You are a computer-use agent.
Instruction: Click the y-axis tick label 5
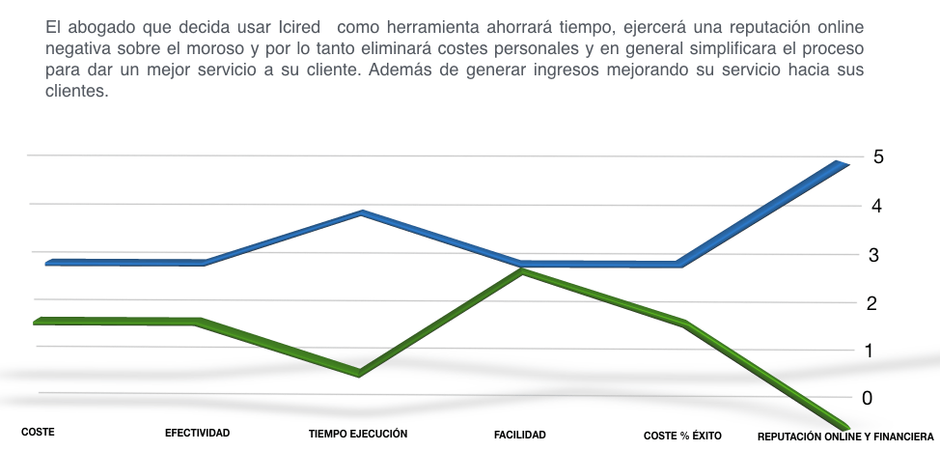(x=877, y=156)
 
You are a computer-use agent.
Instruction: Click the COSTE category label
(x=38, y=433)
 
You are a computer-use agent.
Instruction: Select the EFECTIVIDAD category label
(x=197, y=434)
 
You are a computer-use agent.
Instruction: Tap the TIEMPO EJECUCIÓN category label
(x=358, y=435)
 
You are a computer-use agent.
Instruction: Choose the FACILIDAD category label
(x=519, y=436)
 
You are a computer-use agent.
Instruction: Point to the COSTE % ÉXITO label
(x=682, y=437)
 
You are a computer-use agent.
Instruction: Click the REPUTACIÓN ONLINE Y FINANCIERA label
(x=845, y=437)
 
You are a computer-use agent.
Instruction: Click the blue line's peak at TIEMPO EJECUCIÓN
(x=361, y=212)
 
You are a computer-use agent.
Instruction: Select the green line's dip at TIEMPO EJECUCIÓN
(x=359, y=374)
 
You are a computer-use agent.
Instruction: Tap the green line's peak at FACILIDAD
(x=522, y=272)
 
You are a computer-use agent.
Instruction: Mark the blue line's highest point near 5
(x=839, y=164)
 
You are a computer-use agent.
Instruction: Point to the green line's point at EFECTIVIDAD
(x=198, y=322)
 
